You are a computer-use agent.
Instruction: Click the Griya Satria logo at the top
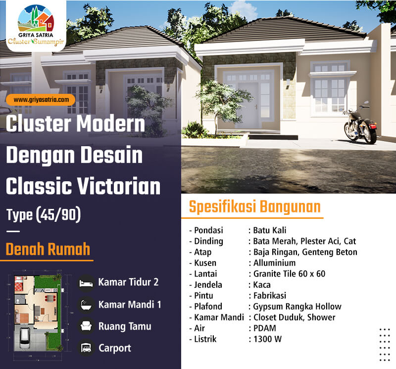36,25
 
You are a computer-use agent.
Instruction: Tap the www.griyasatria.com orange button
41,100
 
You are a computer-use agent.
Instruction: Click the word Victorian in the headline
118,186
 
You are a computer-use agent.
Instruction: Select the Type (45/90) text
44,215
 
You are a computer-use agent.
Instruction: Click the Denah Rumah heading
48,249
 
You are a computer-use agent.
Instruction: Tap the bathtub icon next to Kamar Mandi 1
86,305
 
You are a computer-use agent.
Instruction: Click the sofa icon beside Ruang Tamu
86,327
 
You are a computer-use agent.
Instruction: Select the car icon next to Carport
86,348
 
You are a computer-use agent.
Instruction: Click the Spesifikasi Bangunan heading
254,206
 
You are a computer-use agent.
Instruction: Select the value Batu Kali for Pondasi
270,230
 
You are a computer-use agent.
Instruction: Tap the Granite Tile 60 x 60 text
289,274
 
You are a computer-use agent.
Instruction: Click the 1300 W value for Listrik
267,339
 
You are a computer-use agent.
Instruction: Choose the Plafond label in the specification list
208,306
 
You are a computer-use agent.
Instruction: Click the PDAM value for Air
265,328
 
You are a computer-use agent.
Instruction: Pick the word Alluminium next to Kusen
274,263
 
